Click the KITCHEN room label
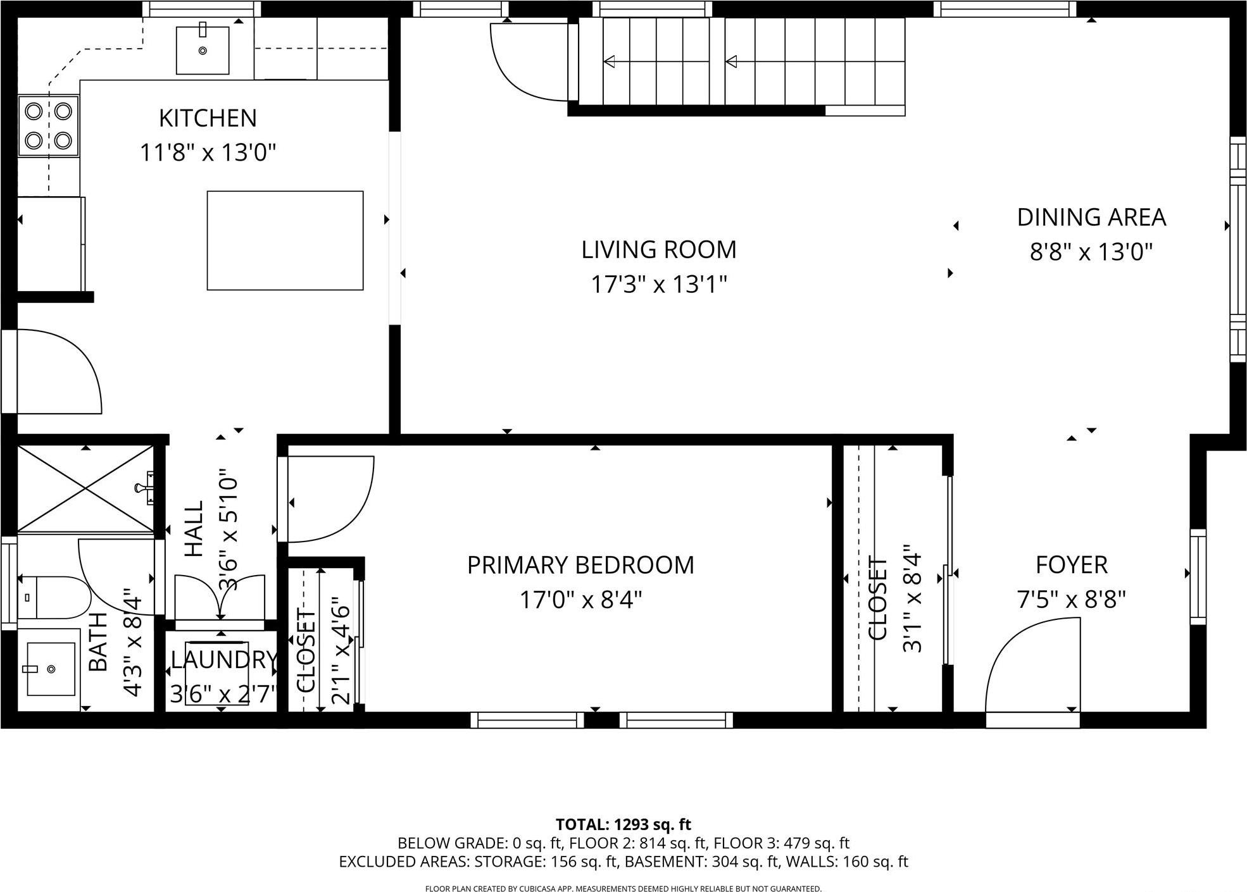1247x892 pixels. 208,118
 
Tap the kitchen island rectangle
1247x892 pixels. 285,240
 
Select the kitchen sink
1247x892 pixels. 203,50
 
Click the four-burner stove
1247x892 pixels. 48,125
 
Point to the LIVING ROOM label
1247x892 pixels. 659,249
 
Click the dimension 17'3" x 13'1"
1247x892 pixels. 659,285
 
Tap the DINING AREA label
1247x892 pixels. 1091,217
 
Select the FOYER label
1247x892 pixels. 1071,564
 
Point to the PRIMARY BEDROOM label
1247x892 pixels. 580,564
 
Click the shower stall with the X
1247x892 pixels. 85,488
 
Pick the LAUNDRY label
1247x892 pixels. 223,660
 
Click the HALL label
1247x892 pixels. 194,529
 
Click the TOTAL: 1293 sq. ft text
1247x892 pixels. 623,824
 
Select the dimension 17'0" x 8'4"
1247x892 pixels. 580,599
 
